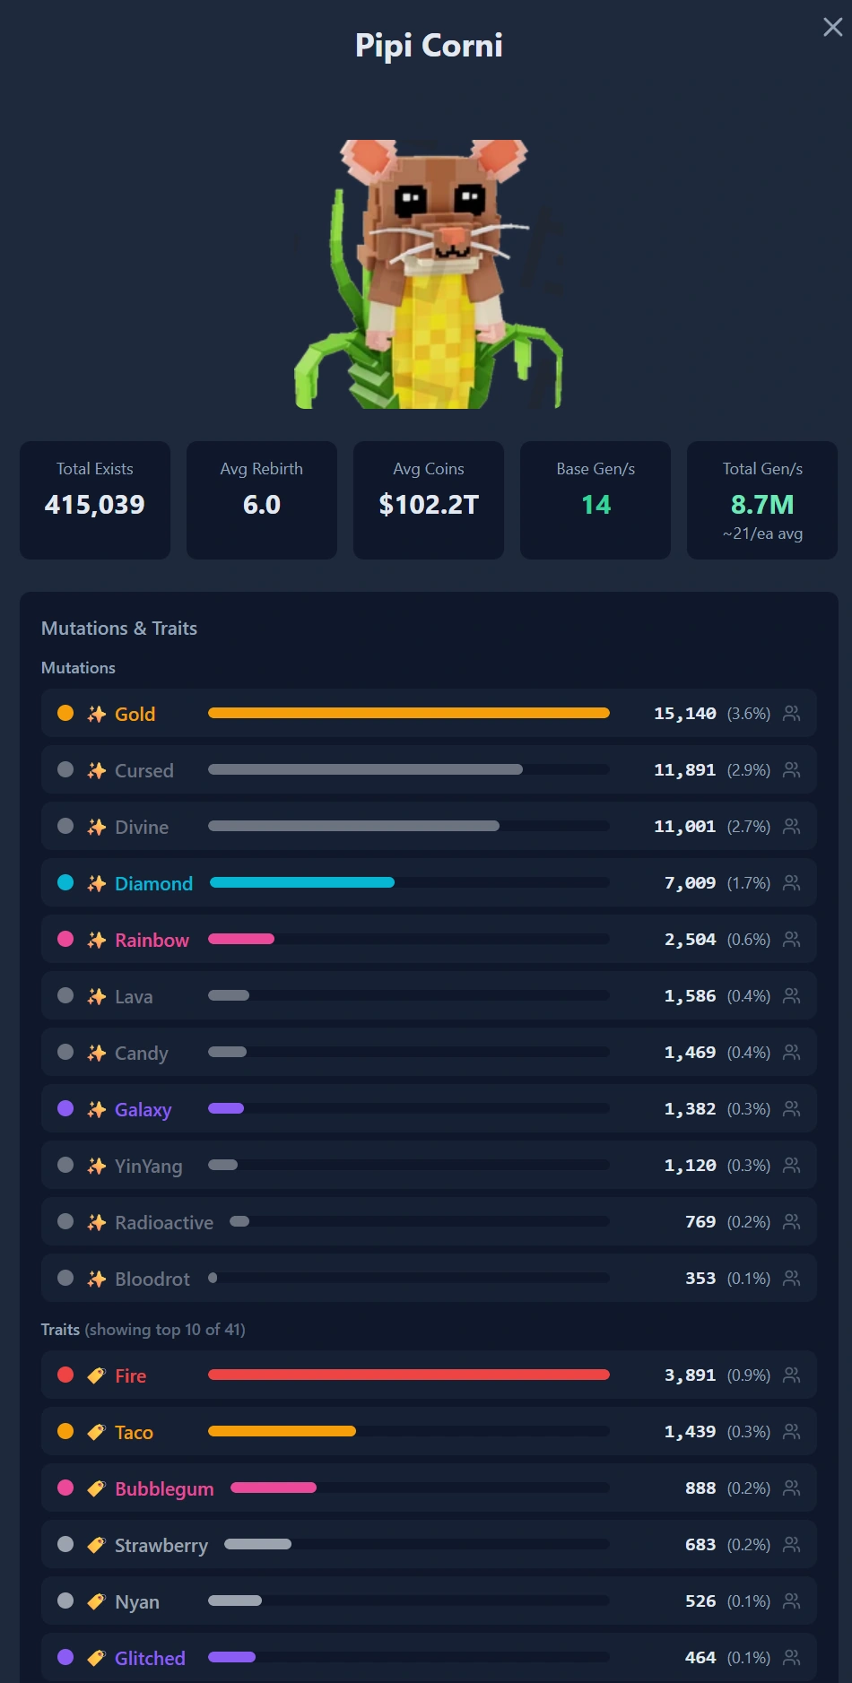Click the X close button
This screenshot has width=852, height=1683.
coord(832,27)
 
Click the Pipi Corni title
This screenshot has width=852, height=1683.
coord(429,45)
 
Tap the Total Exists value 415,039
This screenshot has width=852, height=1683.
coord(95,505)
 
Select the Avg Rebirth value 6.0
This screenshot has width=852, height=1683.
coord(262,505)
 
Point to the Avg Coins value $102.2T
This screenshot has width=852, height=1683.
coord(429,505)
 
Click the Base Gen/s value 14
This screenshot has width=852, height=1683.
coord(596,505)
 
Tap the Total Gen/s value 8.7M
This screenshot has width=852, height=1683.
coord(762,505)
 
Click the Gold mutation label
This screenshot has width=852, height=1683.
coord(135,714)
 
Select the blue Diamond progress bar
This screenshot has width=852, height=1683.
coord(302,882)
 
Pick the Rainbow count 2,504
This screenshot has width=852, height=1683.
coord(690,940)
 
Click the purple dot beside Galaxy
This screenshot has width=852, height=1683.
coord(65,1108)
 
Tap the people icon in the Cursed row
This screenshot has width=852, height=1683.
coord(791,769)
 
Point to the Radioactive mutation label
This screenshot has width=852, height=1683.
coord(164,1222)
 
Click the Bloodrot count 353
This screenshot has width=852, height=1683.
coord(700,1279)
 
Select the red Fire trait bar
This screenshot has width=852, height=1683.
coord(409,1375)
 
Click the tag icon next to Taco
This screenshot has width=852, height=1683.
coord(96,1432)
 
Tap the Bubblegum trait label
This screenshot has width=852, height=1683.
coord(164,1488)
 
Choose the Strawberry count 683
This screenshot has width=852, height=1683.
coord(700,1545)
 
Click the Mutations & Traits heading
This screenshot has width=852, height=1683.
coord(119,629)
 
